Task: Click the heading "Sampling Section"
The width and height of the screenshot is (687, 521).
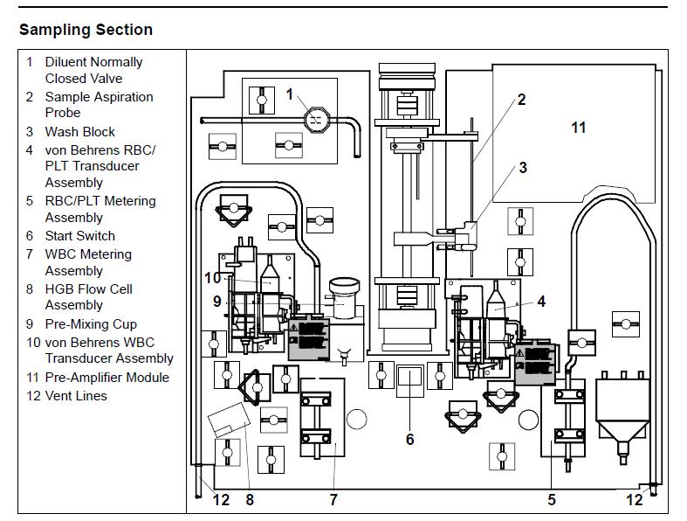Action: (86, 30)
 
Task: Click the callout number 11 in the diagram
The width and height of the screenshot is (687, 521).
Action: (579, 128)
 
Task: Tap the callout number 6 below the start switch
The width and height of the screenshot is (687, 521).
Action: (409, 440)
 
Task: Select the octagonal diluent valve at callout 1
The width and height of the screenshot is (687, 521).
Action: (316, 120)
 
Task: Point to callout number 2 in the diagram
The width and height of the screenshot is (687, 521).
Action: (521, 100)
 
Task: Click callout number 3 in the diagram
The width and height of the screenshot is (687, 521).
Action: (523, 168)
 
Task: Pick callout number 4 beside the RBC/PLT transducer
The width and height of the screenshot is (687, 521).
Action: (541, 302)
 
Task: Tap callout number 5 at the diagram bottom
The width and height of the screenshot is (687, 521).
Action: (552, 499)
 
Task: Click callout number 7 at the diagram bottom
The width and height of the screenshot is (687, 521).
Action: (333, 499)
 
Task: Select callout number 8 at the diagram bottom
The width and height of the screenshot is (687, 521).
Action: (250, 499)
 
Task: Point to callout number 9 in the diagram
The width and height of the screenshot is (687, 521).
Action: (217, 302)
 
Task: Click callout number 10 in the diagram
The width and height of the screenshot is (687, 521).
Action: (213, 278)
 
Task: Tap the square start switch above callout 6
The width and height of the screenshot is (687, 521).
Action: (410, 381)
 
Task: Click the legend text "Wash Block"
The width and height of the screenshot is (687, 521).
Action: (79, 132)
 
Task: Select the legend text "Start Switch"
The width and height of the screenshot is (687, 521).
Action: (79, 236)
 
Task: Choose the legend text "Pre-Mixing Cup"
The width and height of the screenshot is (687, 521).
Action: (91, 324)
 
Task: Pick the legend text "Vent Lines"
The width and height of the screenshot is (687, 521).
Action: (76, 396)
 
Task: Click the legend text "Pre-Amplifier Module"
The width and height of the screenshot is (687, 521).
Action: (106, 378)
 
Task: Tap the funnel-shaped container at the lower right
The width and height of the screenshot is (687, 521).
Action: (622, 417)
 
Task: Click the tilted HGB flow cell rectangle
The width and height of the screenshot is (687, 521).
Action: (229, 420)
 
